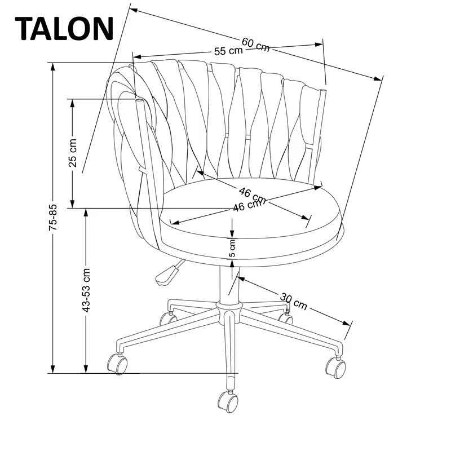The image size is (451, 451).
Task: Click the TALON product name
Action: (x=64, y=28)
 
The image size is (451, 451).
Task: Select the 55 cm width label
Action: (x=228, y=51)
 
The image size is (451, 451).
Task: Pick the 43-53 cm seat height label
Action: (x=86, y=290)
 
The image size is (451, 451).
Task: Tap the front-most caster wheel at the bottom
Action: (x=228, y=401)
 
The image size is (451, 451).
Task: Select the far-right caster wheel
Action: (x=336, y=368)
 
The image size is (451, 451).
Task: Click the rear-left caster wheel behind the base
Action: (x=167, y=319)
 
